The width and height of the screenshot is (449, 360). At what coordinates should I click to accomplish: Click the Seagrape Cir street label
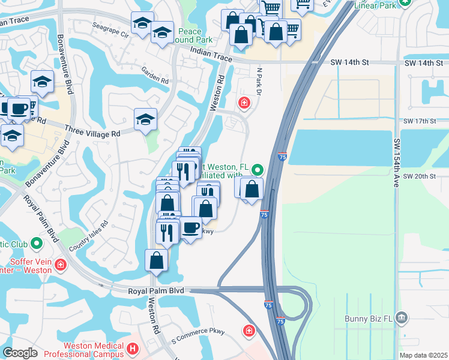[111, 31]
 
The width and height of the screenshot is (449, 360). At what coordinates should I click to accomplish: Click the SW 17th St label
[419, 121]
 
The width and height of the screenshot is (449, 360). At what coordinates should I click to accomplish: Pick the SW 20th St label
[419, 176]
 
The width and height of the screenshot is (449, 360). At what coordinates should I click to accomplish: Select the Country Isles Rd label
[88, 236]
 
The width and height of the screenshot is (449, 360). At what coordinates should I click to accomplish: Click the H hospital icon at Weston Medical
[133, 348]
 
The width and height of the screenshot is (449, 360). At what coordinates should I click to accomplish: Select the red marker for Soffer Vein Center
[60, 265]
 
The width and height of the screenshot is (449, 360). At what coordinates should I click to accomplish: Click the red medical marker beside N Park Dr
[244, 103]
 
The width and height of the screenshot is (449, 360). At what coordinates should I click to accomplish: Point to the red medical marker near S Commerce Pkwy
[249, 330]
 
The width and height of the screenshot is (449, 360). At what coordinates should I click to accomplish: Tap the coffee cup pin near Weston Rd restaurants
[191, 228]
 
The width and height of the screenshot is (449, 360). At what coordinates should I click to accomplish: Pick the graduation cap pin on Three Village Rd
[145, 121]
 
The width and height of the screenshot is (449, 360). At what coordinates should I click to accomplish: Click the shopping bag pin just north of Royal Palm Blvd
[156, 261]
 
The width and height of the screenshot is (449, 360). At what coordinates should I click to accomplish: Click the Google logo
[20, 353]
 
